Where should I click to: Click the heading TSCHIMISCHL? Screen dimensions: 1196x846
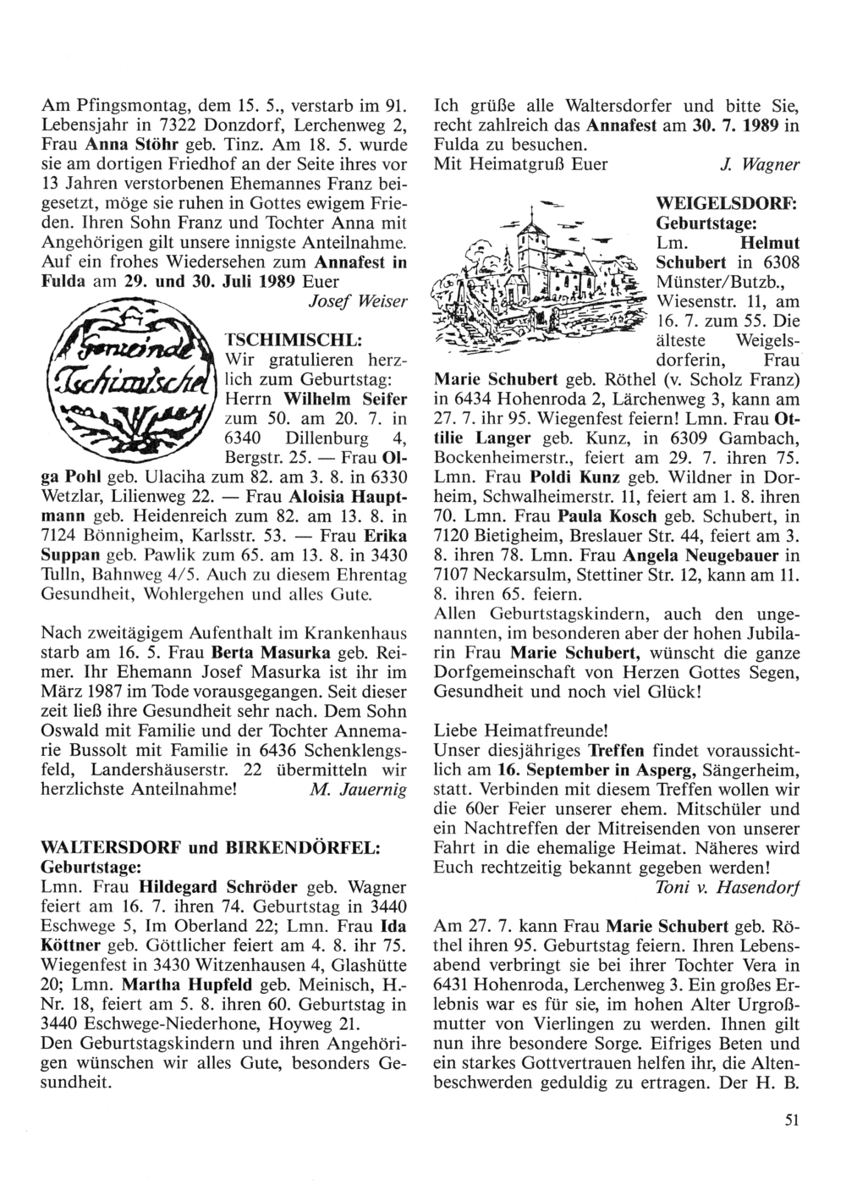[292, 339]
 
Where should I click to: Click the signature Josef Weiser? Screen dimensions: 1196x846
[358, 303]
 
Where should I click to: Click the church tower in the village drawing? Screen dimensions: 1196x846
[529, 238]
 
